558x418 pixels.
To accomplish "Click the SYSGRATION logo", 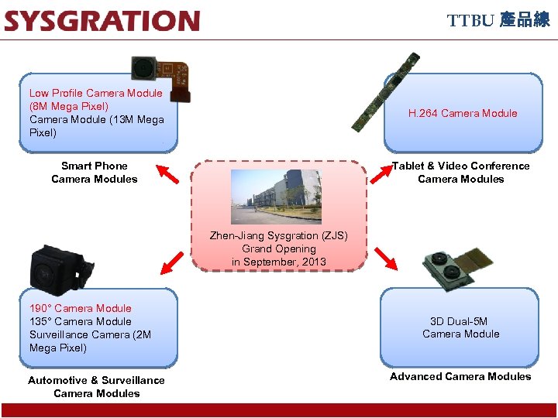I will coord(102,21).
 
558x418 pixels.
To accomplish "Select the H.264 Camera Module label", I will coord(463,113).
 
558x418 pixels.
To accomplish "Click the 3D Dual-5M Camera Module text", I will coord(460,327).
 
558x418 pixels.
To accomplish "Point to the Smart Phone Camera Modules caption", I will coord(95,173).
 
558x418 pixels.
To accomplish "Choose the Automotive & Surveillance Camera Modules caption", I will coord(96,386).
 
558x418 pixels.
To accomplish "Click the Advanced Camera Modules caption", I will coord(460,376).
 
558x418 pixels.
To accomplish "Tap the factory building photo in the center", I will coord(277,197).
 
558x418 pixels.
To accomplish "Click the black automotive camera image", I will coord(60,267).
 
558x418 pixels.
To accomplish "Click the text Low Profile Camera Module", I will coord(96,93).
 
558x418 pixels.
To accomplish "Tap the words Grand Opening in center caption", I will coord(279,248).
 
